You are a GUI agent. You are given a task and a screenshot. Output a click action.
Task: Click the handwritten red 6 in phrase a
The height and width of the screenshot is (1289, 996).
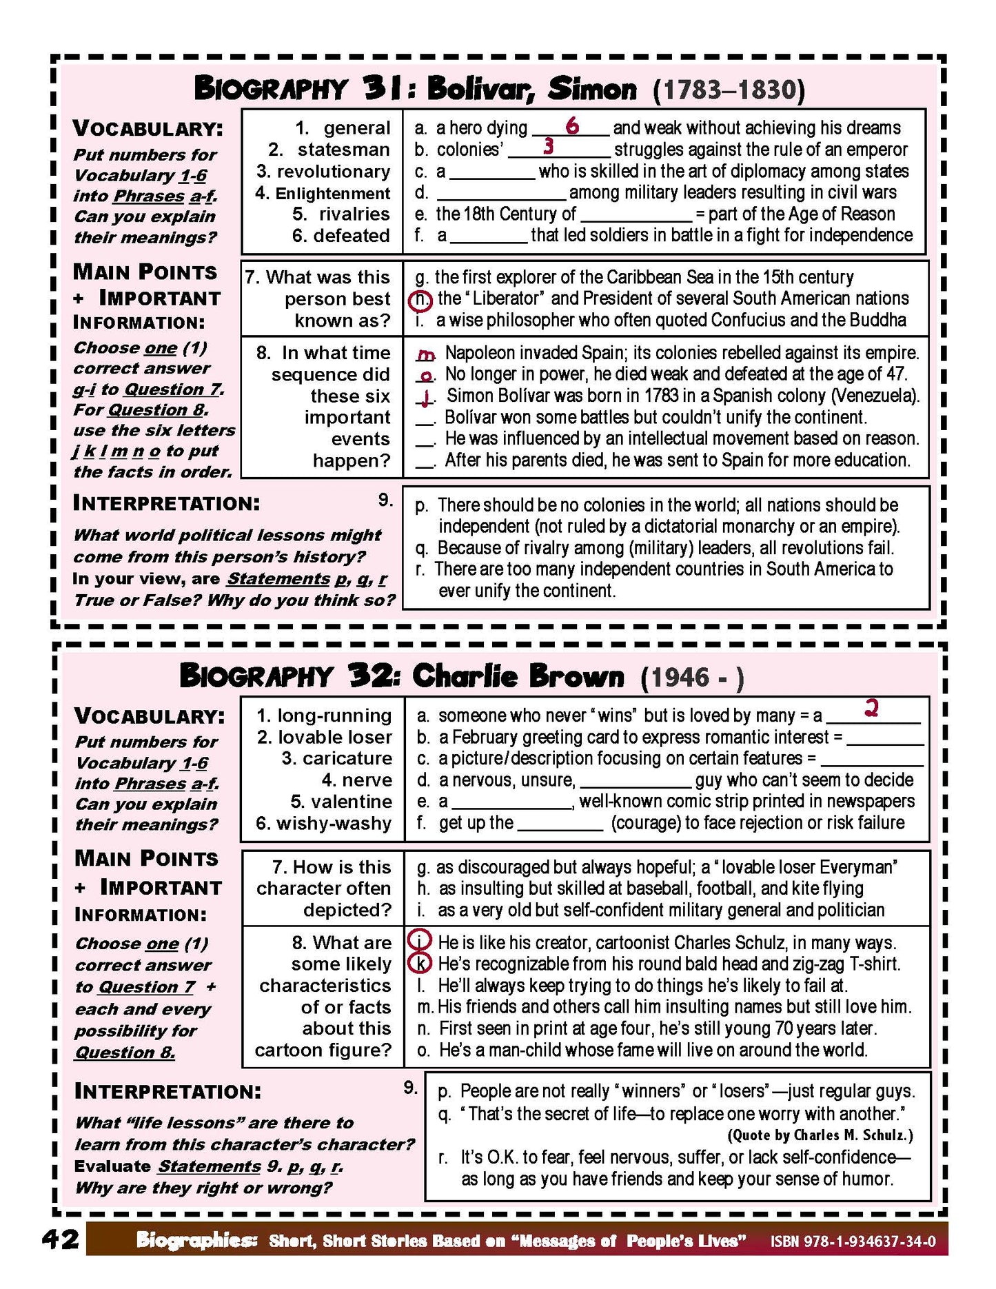571,126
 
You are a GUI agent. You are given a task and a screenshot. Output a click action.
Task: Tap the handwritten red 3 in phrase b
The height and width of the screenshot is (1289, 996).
549,146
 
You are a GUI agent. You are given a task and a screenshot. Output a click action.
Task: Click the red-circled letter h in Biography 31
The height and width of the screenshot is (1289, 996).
421,299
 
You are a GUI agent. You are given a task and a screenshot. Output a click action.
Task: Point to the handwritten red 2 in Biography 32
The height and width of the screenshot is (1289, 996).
871,708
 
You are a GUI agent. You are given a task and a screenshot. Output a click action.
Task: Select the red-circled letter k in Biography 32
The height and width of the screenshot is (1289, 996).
421,963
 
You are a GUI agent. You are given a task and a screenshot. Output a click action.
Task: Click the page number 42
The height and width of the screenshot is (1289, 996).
61,1239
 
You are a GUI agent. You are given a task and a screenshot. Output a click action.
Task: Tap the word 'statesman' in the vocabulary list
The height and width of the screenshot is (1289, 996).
343,150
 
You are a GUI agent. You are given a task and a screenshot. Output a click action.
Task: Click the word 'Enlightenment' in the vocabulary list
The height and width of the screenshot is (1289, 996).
332,193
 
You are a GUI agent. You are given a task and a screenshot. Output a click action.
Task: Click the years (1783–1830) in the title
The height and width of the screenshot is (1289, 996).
729,90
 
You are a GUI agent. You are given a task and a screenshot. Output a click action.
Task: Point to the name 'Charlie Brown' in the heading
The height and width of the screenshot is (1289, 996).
518,676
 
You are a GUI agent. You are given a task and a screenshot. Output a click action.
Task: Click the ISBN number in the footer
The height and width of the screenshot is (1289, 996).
853,1241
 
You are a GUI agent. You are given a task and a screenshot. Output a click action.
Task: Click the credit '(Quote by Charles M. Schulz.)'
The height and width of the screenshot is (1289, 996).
820,1135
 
